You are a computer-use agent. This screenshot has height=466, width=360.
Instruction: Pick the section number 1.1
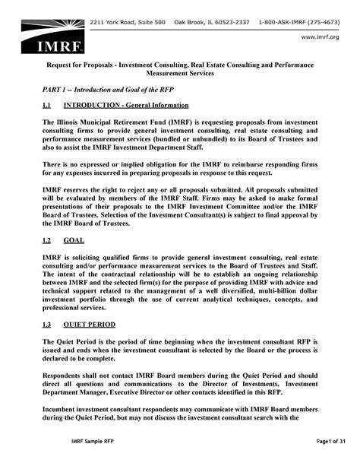48,106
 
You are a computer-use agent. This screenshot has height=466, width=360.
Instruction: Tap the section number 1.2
48,239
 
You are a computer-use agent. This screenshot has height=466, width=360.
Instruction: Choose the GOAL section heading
74,239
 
